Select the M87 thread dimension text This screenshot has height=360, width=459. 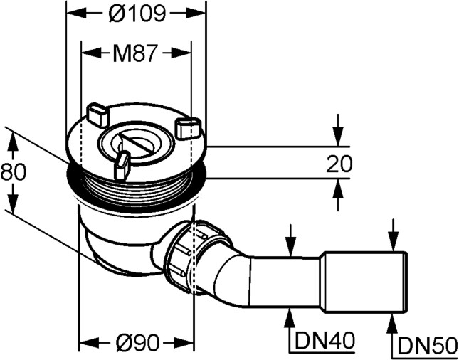135,54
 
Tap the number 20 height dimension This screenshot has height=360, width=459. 339,164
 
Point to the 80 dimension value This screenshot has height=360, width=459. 9,171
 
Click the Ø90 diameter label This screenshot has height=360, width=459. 137,344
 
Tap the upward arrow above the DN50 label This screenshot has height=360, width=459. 392,324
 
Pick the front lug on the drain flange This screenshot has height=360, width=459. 122,166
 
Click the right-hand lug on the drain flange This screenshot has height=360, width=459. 187,128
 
